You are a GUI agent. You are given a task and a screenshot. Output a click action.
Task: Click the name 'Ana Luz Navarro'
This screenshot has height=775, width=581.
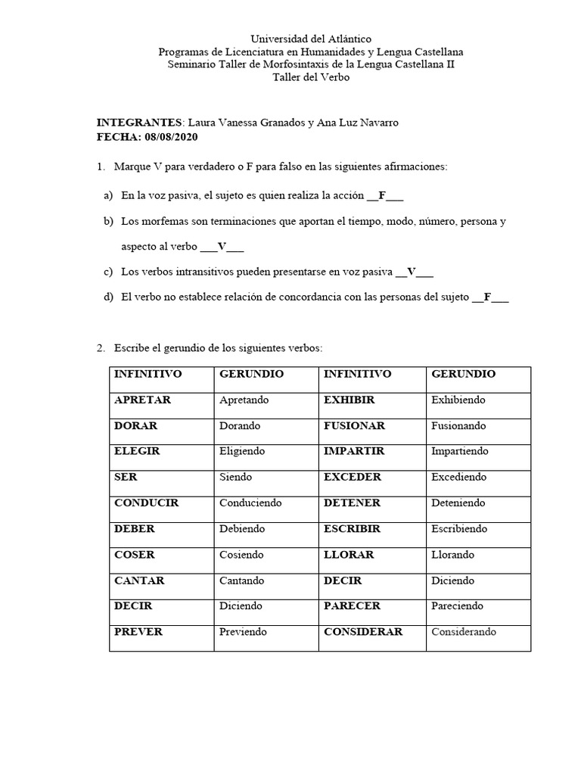pyautogui.click(x=367, y=123)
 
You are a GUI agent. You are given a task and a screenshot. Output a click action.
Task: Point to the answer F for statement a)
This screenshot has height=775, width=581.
pyautogui.click(x=382, y=195)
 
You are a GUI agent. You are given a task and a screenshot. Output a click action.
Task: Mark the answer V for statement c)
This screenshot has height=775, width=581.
pyautogui.click(x=412, y=272)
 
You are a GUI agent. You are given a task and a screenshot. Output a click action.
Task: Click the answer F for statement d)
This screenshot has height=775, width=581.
pyautogui.click(x=488, y=297)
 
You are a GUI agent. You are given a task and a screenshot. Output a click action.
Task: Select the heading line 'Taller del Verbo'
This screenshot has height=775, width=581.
pyautogui.click(x=311, y=77)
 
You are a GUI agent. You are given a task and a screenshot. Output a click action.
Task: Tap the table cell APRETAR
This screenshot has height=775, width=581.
pyautogui.click(x=142, y=400)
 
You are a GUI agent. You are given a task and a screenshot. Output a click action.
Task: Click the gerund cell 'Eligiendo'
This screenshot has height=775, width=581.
pyautogui.click(x=242, y=451)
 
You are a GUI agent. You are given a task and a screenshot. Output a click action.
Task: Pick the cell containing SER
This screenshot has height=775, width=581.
pyautogui.click(x=126, y=477)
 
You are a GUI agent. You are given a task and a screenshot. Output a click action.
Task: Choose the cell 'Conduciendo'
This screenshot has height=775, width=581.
pyautogui.click(x=250, y=503)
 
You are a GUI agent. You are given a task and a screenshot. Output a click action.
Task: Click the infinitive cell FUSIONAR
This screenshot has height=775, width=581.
pyautogui.click(x=354, y=425)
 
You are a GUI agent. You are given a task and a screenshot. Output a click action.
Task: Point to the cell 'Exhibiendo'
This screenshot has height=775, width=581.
pyautogui.click(x=458, y=400)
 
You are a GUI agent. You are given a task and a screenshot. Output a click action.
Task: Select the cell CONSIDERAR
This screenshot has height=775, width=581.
pyautogui.click(x=363, y=631)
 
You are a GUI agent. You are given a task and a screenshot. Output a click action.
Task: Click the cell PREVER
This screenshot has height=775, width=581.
pyautogui.click(x=138, y=631)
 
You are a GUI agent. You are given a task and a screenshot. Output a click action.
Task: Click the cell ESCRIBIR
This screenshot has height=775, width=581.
pyautogui.click(x=352, y=528)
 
